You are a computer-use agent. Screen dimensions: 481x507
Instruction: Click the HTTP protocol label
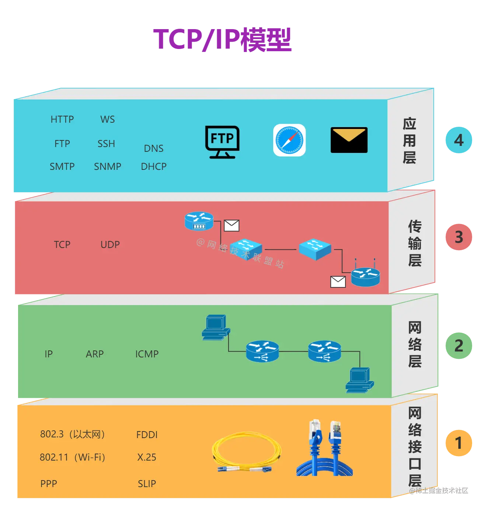[62, 119]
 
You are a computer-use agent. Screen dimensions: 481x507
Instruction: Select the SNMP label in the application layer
[107, 167]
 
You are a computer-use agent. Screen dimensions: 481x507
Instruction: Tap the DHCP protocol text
[153, 167]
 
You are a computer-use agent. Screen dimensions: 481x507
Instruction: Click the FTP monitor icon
[222, 141]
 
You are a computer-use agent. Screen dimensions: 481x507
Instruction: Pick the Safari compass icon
[289, 140]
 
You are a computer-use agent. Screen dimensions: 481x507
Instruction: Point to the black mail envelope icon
[349, 140]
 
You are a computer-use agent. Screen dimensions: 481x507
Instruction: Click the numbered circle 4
[459, 140]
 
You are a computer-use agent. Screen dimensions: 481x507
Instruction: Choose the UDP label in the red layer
[110, 245]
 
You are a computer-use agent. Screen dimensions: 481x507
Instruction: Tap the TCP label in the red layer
[62, 245]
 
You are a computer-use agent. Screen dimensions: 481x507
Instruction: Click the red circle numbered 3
[459, 237]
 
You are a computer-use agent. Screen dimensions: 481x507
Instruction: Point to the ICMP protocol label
[147, 354]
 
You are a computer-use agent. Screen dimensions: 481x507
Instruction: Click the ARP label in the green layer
[95, 354]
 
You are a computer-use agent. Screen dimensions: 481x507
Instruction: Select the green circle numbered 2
[459, 346]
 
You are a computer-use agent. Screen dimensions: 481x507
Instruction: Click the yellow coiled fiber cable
[246, 452]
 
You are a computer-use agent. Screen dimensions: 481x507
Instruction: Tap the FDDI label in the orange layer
[147, 435]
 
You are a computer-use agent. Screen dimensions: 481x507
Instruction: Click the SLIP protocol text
[147, 484]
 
